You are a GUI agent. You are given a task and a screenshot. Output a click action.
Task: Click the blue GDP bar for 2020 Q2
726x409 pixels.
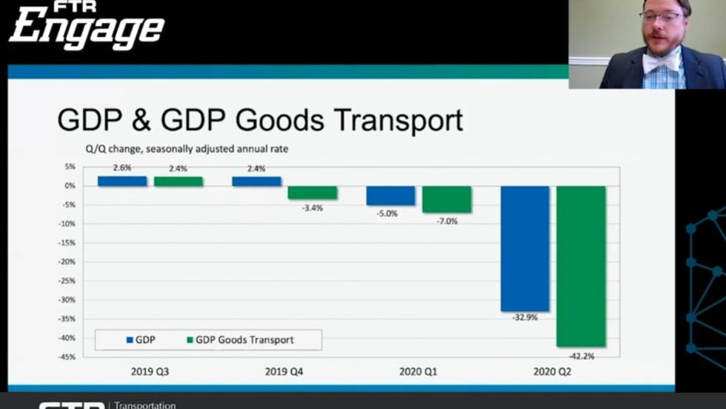(525, 248)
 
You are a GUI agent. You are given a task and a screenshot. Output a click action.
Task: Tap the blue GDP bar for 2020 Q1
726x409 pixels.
(390, 196)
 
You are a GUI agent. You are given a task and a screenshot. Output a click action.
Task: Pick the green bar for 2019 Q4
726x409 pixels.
(312, 193)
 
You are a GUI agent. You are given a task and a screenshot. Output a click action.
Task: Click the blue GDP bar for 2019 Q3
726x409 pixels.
(122, 181)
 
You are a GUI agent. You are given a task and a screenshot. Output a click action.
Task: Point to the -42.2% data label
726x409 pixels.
(582, 356)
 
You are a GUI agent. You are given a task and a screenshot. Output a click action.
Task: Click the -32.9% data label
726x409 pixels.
(524, 317)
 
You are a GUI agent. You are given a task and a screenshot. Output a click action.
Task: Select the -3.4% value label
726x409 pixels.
(312, 208)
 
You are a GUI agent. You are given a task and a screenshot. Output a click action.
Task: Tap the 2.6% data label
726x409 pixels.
(121, 168)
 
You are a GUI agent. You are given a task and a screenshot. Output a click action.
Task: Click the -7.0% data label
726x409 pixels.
(447, 221)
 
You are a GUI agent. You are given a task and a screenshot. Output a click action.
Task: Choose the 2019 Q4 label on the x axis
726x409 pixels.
(284, 371)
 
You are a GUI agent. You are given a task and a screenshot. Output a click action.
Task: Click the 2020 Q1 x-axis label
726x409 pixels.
(418, 371)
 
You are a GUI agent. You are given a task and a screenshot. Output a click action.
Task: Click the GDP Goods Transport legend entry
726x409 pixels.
(240, 340)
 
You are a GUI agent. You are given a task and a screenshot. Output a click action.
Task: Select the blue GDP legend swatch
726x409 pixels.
(130, 340)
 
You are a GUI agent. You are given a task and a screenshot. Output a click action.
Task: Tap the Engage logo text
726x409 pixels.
(87, 31)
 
